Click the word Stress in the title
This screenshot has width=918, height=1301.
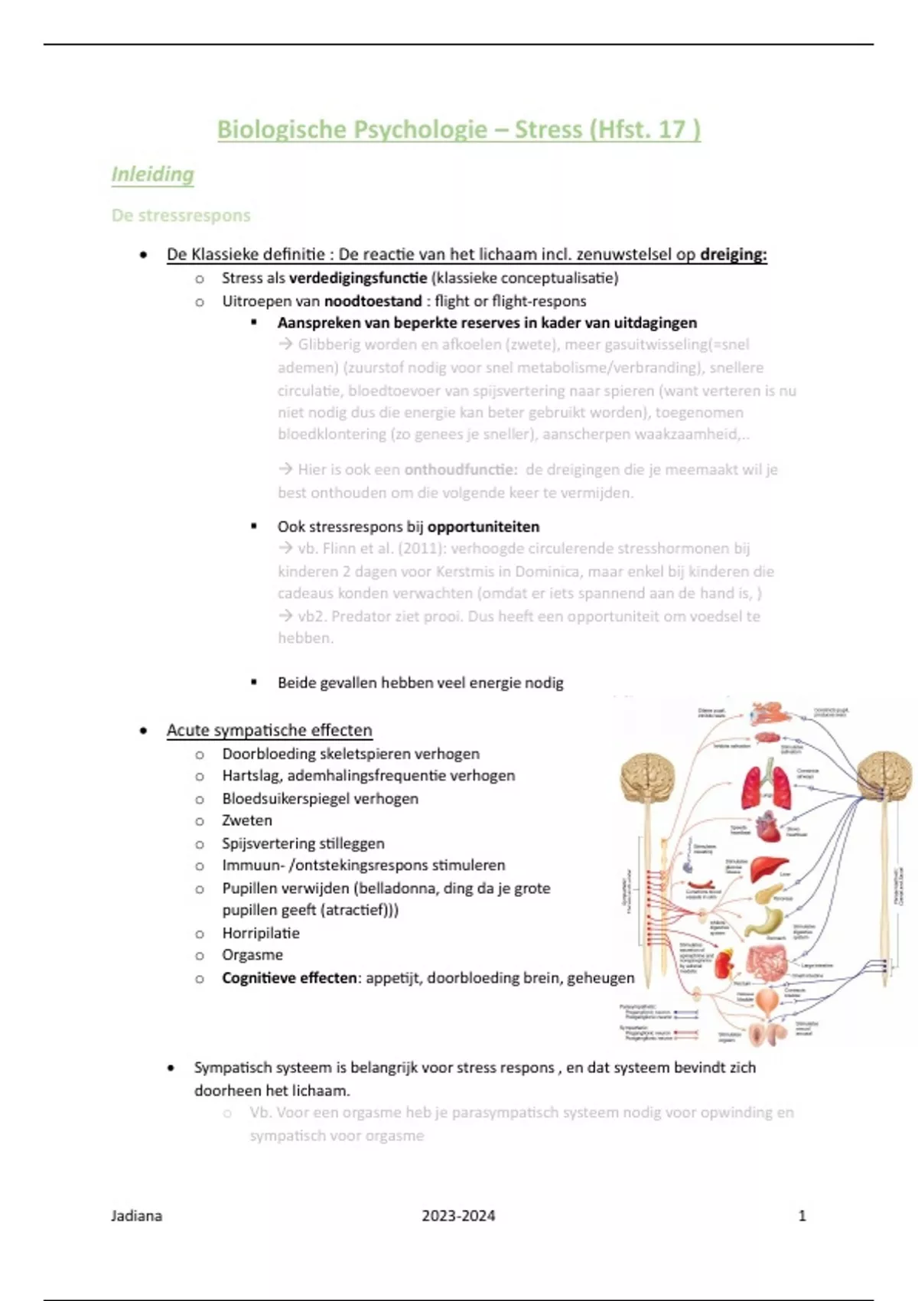click(548, 129)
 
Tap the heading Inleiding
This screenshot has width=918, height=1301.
click(152, 174)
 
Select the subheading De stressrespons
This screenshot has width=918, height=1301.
click(181, 215)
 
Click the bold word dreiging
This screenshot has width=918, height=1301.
click(732, 255)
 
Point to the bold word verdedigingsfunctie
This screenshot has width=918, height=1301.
click(358, 278)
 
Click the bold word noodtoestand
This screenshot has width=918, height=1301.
click(373, 301)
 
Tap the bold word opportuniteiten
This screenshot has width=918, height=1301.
click(483, 527)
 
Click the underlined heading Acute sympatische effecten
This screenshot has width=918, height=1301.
click(269, 730)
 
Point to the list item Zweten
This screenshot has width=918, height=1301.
click(246, 820)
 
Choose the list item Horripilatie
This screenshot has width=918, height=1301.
click(261, 933)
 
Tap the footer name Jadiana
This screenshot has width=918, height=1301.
click(136, 1215)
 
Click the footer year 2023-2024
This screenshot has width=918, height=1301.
click(458, 1215)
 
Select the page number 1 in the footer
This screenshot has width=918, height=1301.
click(802, 1215)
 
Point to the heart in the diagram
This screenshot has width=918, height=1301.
click(767, 827)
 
